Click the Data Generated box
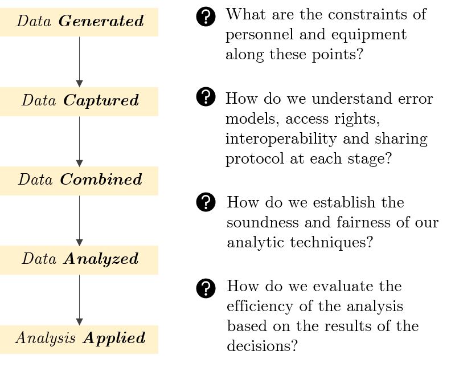click(79, 22)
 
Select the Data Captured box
click(79, 101)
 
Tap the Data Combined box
click(79, 181)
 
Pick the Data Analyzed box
click(79, 260)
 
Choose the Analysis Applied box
click(79, 340)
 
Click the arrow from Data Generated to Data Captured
click(80, 62)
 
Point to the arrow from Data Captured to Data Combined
click(80, 141)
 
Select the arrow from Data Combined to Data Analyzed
click(80, 221)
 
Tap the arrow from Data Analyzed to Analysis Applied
click(80, 300)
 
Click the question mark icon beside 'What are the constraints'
click(206, 17)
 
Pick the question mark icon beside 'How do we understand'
click(206, 97)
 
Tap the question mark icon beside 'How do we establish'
click(206, 202)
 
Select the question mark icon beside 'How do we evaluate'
click(206, 288)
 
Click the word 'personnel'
click(260, 35)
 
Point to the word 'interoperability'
click(281, 139)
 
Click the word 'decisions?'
click(263, 345)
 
